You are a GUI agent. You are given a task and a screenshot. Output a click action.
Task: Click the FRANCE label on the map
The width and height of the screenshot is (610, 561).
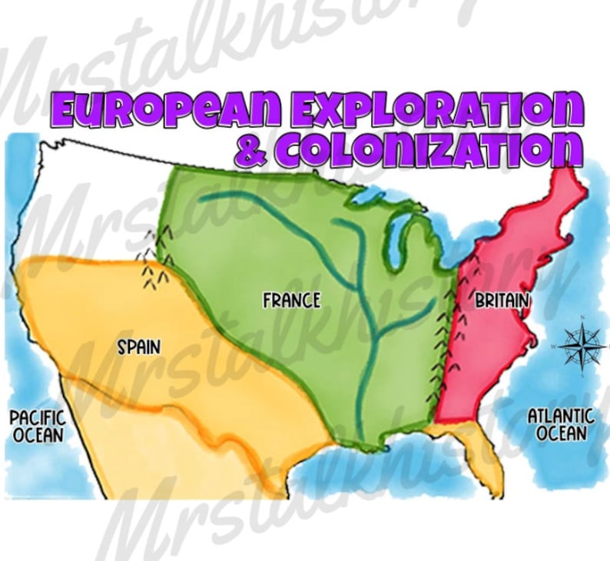pyautogui.click(x=291, y=300)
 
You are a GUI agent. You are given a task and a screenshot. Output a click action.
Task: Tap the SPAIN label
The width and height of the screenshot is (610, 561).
pyautogui.click(x=139, y=347)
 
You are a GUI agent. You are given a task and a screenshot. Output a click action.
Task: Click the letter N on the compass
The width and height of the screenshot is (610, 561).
pyautogui.click(x=582, y=318)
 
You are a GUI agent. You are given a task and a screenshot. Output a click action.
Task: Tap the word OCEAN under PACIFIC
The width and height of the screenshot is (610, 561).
pyautogui.click(x=37, y=435)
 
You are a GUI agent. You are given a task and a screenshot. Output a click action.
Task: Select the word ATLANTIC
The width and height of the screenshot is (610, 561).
pyautogui.click(x=560, y=415)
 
